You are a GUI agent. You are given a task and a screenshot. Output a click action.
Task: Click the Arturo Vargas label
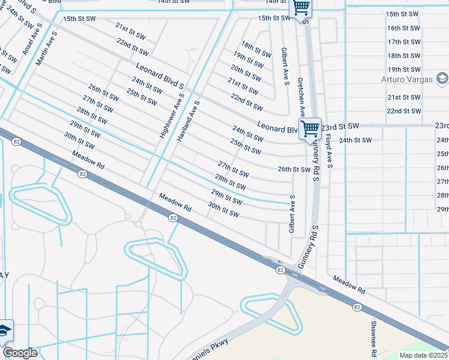point(408,79)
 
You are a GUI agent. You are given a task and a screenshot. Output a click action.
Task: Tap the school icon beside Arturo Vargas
point(442,78)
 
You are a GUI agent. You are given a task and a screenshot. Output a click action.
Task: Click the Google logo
point(20,353)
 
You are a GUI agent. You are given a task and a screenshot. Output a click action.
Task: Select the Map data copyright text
point(424,355)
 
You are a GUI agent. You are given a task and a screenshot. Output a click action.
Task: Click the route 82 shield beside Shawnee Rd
point(357,307)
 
